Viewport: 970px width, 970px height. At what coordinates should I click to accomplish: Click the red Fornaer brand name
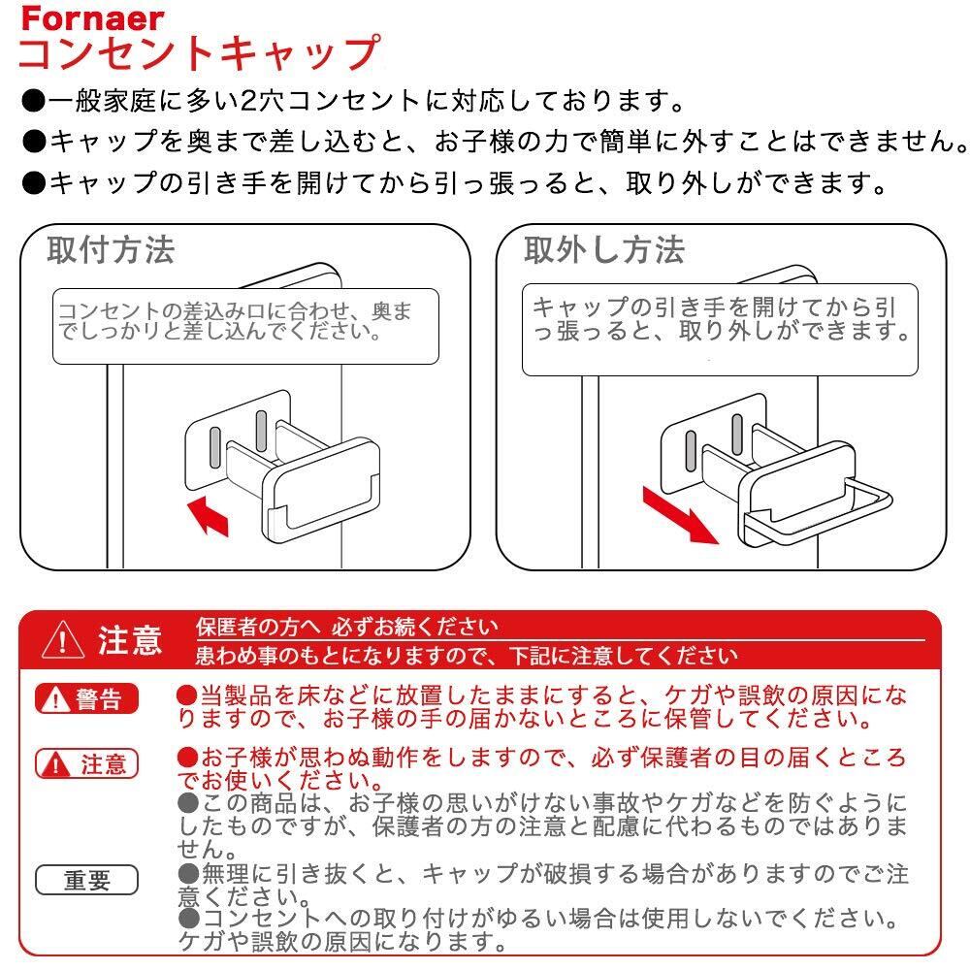point(92,18)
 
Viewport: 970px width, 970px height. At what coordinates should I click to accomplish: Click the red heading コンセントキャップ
point(199,53)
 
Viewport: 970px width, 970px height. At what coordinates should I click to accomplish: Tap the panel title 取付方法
point(112,250)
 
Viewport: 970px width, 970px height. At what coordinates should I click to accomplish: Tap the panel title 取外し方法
point(603,250)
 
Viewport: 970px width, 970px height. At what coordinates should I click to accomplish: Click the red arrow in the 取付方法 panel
point(209,516)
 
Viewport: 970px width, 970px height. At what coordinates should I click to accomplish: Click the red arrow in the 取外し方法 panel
point(680,516)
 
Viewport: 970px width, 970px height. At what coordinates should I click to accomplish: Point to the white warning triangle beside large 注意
point(62,639)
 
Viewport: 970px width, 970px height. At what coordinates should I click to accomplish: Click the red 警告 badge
point(86,699)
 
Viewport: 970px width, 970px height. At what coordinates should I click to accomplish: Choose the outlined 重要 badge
point(86,880)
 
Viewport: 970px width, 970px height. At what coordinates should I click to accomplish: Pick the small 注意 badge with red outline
point(86,764)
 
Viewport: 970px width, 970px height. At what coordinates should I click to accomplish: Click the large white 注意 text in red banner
point(130,640)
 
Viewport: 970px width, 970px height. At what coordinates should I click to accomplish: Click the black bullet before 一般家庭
point(33,102)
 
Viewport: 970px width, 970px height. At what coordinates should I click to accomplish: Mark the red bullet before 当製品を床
point(187,695)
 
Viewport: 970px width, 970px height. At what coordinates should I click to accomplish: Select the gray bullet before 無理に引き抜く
point(188,874)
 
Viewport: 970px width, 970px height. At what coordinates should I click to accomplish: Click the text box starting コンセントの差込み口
point(245,326)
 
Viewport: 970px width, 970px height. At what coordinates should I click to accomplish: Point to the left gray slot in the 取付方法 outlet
point(214,447)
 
